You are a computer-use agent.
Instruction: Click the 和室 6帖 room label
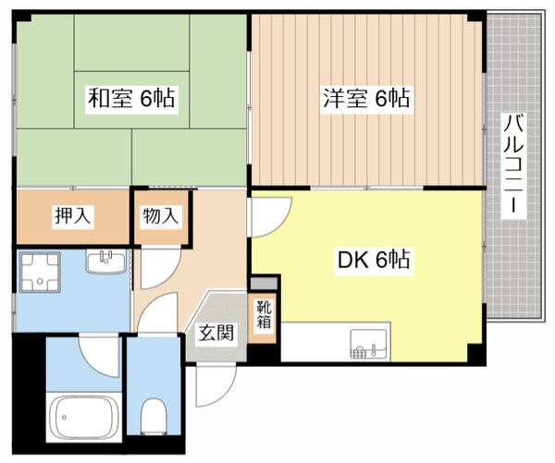(132, 96)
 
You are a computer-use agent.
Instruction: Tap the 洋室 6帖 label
(366, 96)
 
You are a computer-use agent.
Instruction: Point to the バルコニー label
(511, 166)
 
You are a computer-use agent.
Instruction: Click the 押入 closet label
(72, 216)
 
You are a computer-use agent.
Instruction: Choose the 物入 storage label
(160, 216)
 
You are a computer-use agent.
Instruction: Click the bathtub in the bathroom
(84, 416)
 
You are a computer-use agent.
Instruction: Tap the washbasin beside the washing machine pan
(105, 264)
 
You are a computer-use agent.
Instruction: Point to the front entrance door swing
(211, 384)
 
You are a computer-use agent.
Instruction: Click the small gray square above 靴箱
(263, 283)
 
